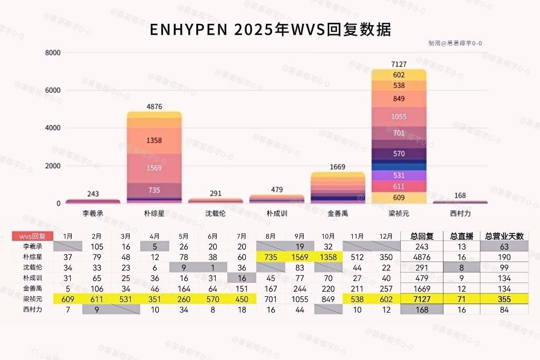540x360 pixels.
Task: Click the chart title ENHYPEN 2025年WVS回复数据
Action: click(270, 30)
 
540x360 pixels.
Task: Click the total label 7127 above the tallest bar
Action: click(399, 64)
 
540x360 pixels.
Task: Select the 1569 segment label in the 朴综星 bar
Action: click(155, 168)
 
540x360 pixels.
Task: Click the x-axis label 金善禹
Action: click(337, 213)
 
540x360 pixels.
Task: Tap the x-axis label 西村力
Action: click(460, 213)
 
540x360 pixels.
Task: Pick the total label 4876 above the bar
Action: click(155, 106)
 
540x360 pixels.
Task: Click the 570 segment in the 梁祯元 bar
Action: click(399, 153)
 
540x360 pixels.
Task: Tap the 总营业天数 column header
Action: click(504, 236)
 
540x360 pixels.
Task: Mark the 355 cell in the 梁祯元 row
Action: click(504, 299)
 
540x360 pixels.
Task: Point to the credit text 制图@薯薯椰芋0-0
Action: click(455, 43)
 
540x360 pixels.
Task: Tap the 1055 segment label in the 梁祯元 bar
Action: click(399, 116)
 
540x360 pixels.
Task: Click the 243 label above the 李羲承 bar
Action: click(93, 194)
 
